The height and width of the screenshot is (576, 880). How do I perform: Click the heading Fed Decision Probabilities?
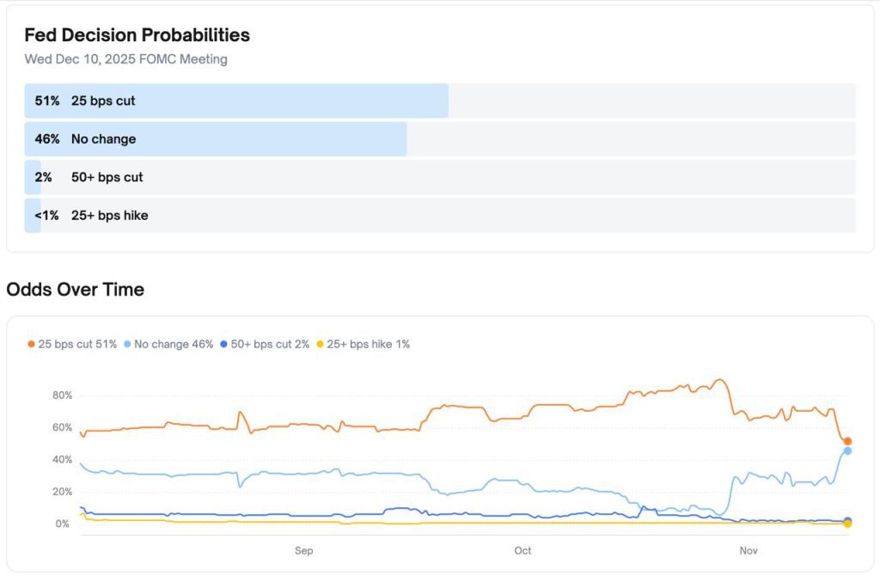point(137,35)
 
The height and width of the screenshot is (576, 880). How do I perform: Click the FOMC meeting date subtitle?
point(125,59)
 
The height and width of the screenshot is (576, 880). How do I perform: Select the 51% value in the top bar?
point(47,101)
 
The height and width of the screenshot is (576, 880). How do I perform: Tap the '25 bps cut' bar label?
point(103,101)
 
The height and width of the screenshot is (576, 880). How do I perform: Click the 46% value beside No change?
point(47,138)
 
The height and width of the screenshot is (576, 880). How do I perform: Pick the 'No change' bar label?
point(103,138)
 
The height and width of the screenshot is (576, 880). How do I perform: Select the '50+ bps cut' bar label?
point(107,177)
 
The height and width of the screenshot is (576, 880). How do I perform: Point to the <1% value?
point(46,215)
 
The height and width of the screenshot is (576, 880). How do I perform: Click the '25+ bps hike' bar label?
point(109,215)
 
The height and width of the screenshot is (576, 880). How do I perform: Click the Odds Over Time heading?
point(75,290)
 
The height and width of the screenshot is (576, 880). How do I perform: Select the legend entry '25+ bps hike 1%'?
point(364,344)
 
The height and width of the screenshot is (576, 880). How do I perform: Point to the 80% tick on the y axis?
point(61,395)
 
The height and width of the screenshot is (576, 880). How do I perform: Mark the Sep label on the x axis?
point(303,550)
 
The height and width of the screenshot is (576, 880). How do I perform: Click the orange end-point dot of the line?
point(847,441)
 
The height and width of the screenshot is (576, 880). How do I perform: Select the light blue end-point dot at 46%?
point(847,450)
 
